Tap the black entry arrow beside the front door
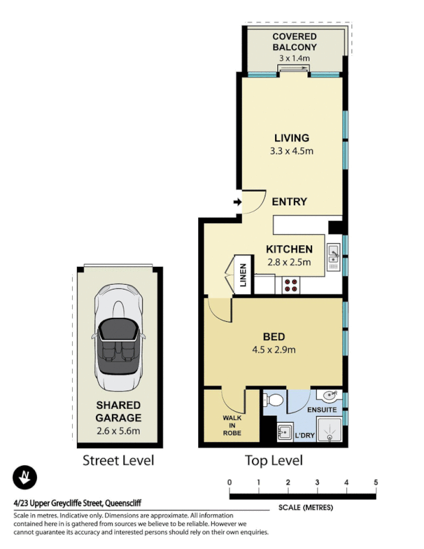237,202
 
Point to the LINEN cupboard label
242,274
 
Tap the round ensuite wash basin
329,396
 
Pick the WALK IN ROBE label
232,425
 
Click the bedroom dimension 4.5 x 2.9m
274,349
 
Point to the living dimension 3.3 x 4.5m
292,151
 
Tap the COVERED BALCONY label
294,41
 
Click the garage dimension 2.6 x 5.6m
118,431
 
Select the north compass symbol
25,477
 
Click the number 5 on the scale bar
375,482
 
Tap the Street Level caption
118,460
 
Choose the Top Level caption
274,460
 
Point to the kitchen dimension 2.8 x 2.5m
289,261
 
